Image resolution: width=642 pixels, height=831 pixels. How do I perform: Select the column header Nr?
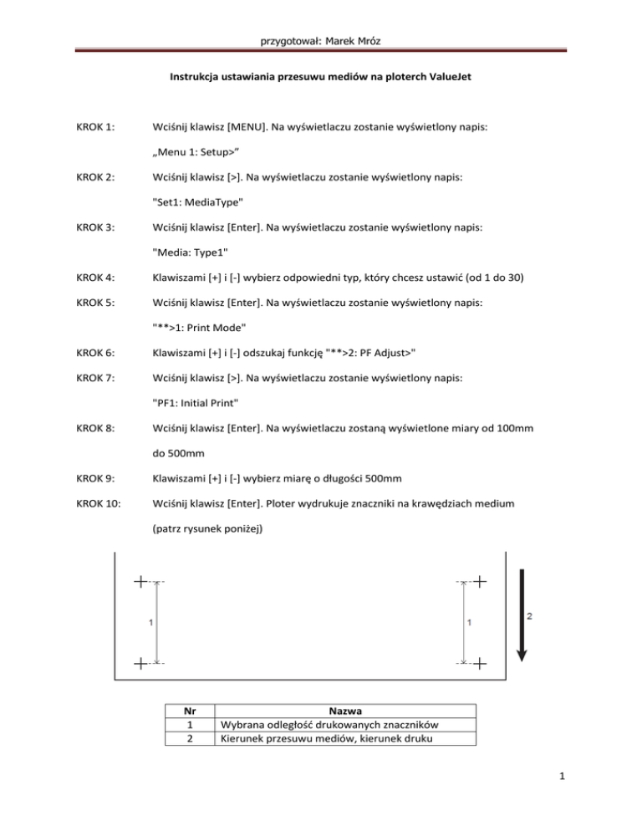(190, 711)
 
